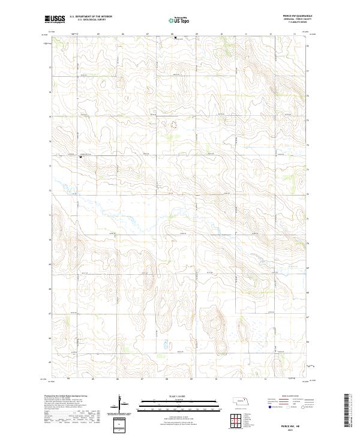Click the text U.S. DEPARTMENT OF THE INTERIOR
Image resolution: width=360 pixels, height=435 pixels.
click(x=91, y=17)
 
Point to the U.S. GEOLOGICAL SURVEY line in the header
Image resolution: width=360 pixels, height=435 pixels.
click(x=88, y=20)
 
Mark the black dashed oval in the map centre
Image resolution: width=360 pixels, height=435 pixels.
click(x=175, y=126)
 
